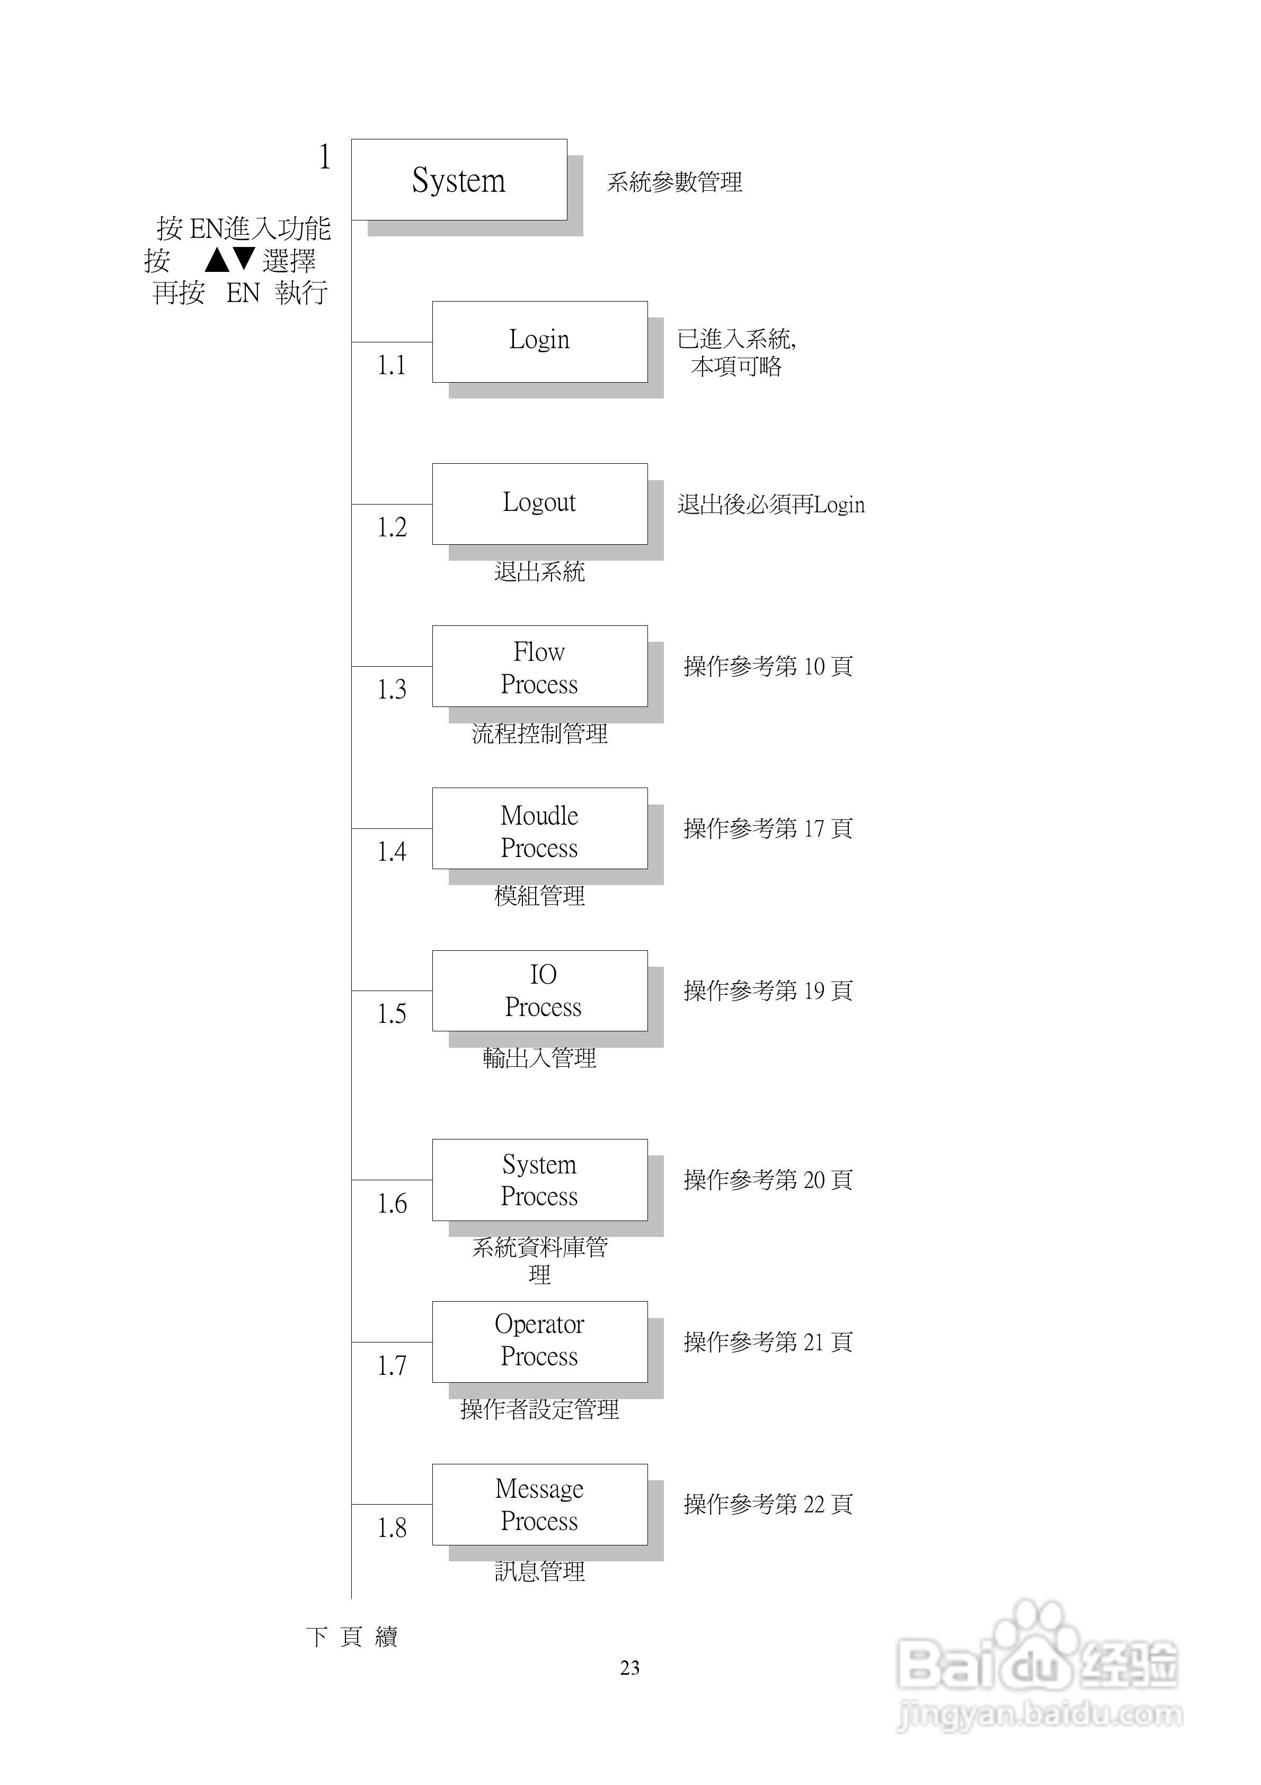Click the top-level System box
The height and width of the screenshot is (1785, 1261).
click(x=459, y=180)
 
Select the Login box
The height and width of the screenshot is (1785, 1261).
click(x=539, y=341)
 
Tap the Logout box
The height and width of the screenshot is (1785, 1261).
click(x=539, y=504)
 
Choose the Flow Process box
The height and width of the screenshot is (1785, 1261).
click(x=539, y=666)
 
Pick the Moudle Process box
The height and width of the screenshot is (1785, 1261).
click(x=539, y=829)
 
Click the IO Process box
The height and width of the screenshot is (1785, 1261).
click(x=539, y=991)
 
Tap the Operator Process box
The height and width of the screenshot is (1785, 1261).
click(x=539, y=1342)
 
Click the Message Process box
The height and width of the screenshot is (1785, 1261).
click(x=539, y=1504)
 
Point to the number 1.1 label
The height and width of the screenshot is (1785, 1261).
click(x=391, y=365)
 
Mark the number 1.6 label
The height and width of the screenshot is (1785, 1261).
click(x=391, y=1204)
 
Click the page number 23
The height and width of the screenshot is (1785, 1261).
click(x=630, y=1667)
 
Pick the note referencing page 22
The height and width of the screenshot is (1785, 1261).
click(x=767, y=1504)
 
